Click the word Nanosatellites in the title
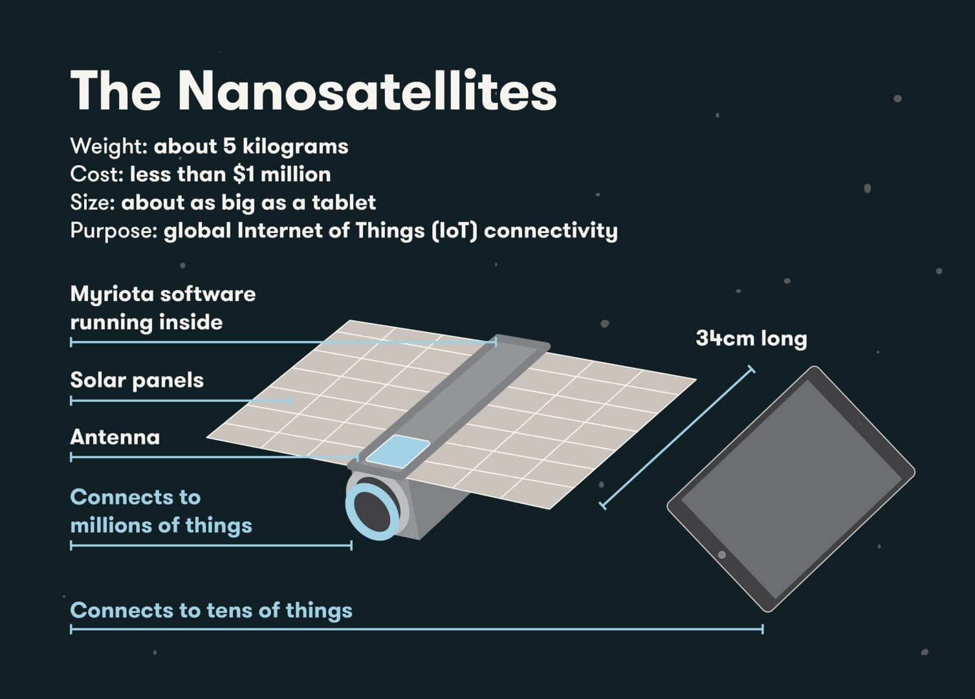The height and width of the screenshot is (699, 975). point(367,91)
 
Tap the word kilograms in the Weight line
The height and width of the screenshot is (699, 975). point(295,146)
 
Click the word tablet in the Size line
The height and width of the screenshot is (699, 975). point(344,203)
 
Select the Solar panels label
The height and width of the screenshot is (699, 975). point(137,380)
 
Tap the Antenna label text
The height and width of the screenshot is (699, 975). point(115,437)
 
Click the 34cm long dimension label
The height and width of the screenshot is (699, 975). point(751,338)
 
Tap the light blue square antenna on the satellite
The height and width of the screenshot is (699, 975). point(397,451)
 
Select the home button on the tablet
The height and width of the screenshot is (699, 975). point(721,555)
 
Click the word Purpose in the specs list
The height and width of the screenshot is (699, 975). point(114,231)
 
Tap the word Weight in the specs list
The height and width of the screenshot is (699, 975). point(109,146)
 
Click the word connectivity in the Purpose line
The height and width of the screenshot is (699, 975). point(551,230)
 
